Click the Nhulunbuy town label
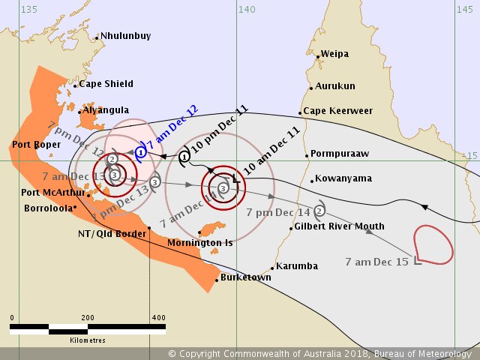click(x=126, y=36)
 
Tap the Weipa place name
click(x=334, y=54)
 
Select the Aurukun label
click(x=335, y=86)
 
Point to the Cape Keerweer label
click(x=337, y=111)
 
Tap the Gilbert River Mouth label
click(x=339, y=226)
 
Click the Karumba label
click(x=297, y=266)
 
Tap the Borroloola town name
click(x=47, y=208)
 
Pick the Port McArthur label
click(x=52, y=192)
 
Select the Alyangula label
click(x=106, y=109)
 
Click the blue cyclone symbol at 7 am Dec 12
click(x=140, y=152)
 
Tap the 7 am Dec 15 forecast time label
click(x=376, y=262)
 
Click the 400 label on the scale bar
click(x=158, y=318)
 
